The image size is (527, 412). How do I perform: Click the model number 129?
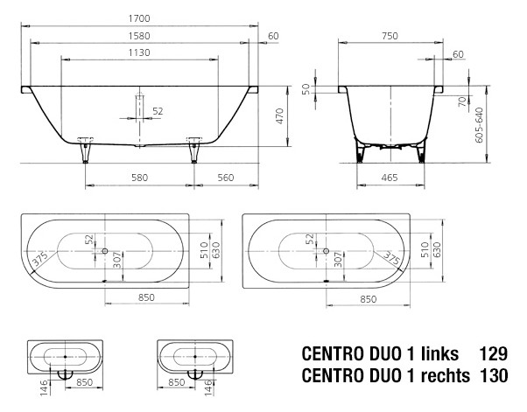(x=494, y=355)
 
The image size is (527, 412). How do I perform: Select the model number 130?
(x=494, y=376)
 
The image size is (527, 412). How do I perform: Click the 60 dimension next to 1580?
(x=273, y=35)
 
